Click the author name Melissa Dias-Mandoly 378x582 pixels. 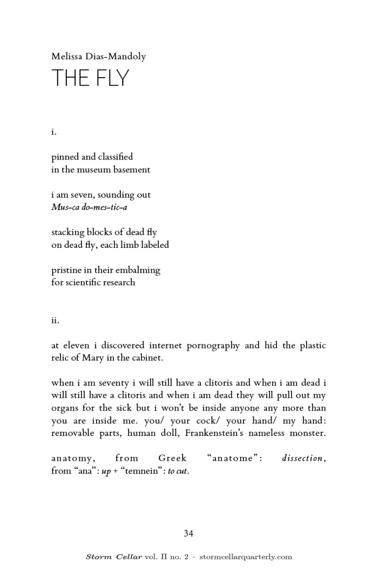tap(99, 56)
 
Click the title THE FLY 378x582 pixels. tap(90, 78)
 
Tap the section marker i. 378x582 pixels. tap(54, 131)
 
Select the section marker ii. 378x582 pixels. tap(55, 320)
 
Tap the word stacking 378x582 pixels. tap(69, 233)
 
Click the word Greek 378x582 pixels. tap(172, 459)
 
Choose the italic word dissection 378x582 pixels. tap(302, 459)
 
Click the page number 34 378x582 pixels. tap(188, 533)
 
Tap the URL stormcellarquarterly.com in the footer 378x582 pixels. tap(246, 557)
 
